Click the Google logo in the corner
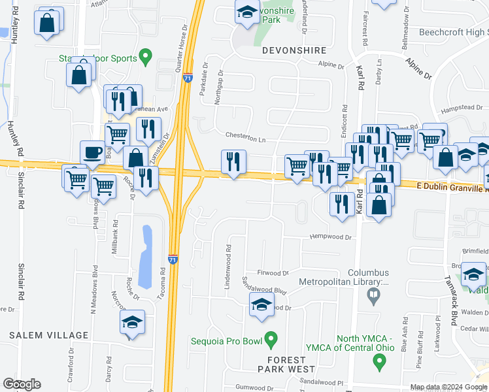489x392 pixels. pos(22,384)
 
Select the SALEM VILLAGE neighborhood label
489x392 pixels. pos(48,335)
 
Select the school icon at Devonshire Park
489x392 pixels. pos(247,12)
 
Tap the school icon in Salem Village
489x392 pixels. pos(132,322)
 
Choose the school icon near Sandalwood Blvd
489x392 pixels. pos(261,304)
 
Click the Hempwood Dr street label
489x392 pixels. pos(331,237)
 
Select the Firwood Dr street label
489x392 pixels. pos(273,272)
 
